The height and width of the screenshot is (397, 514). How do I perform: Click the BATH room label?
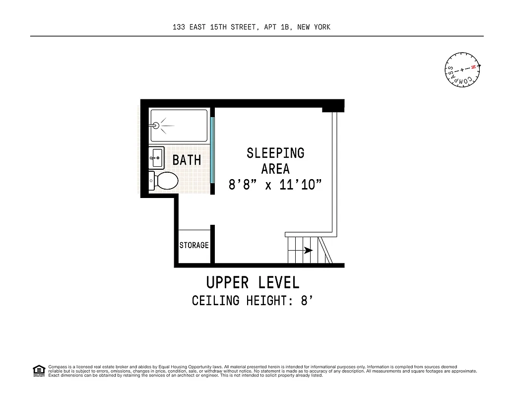point(187,160)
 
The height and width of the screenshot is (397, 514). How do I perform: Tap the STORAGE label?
point(194,245)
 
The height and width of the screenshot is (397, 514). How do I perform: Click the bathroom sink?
point(156,157)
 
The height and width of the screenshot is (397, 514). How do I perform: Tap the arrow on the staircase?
point(308,251)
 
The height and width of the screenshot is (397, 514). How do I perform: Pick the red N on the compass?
point(474,66)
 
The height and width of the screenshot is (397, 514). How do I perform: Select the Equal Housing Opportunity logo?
point(38,371)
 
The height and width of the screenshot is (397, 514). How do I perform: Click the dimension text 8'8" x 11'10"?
point(275,185)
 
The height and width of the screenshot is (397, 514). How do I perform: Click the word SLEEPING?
point(275,153)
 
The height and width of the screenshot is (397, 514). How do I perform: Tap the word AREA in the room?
point(275,169)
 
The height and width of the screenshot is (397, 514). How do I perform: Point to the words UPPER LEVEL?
point(253,282)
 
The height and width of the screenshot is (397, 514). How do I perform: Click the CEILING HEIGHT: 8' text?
point(253,301)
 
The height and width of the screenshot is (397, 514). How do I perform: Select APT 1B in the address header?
point(277,27)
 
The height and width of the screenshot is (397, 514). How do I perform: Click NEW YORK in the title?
point(314,27)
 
